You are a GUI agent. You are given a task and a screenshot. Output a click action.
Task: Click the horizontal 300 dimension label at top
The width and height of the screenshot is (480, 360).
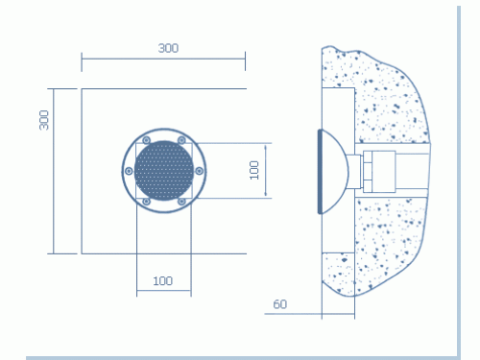click(x=168, y=48)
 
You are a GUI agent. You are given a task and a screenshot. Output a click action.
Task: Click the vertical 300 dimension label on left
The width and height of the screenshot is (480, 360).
click(x=44, y=120)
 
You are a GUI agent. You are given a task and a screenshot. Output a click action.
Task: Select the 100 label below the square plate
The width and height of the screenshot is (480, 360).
click(x=163, y=281)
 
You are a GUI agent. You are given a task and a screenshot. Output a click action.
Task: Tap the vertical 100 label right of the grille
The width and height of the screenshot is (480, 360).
click(x=254, y=170)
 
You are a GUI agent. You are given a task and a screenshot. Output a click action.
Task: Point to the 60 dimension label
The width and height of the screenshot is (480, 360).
click(x=280, y=304)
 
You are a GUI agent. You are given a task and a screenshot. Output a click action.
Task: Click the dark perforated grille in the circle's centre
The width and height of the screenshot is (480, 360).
click(x=164, y=171)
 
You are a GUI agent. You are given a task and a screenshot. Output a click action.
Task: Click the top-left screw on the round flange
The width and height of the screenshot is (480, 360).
click(x=146, y=140)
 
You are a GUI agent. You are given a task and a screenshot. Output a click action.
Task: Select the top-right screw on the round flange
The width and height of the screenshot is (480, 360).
click(x=181, y=140)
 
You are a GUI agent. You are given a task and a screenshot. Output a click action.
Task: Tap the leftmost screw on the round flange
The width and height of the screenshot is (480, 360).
click(x=129, y=171)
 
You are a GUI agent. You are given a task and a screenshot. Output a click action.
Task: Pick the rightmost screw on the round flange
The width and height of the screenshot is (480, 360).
click(x=199, y=171)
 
